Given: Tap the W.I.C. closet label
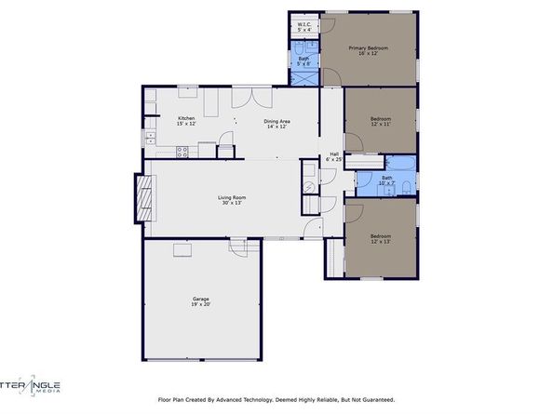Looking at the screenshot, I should [303, 28].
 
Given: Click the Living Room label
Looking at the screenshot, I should [231, 200].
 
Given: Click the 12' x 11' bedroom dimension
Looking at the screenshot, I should [380, 123].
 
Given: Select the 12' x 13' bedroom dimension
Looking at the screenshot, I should [380, 240].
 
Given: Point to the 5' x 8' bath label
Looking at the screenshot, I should [303, 62].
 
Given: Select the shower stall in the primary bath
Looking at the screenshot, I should [303, 78].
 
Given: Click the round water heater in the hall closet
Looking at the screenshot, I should [309, 184].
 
